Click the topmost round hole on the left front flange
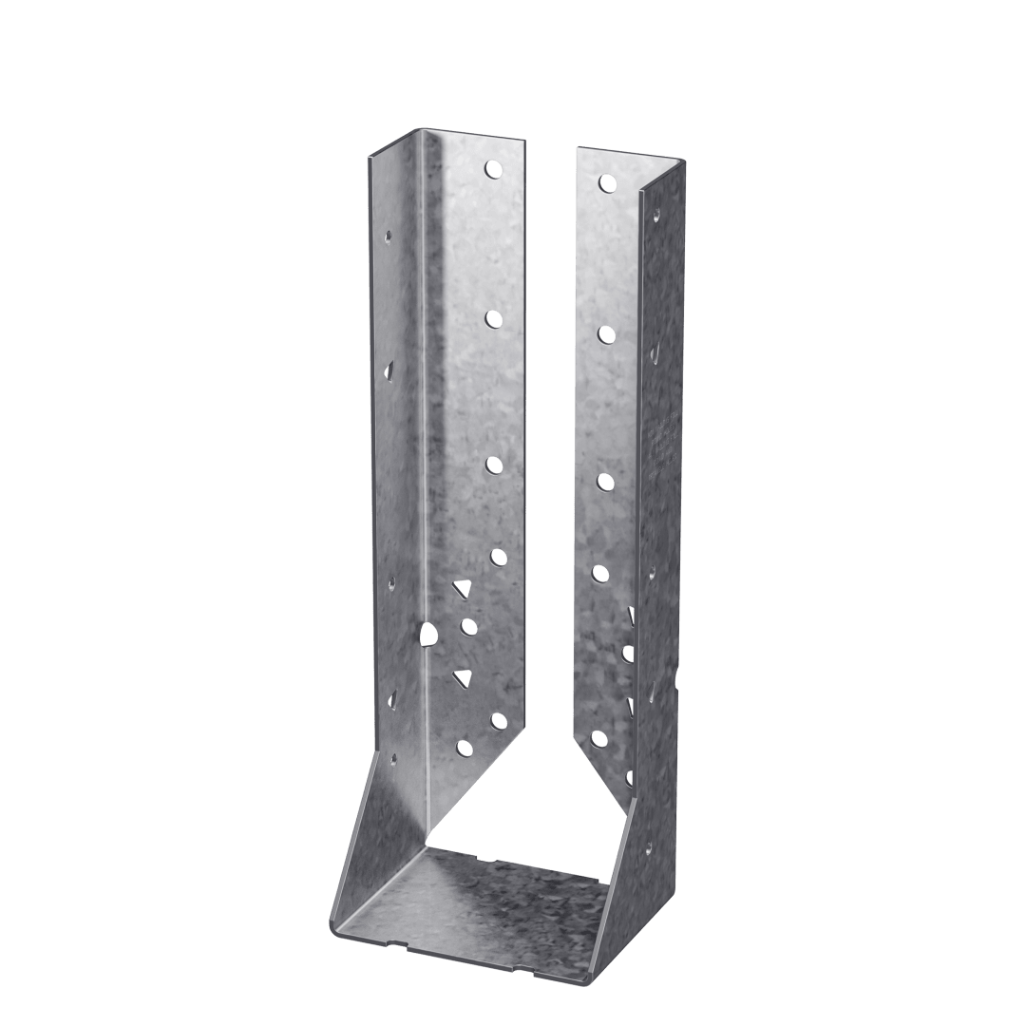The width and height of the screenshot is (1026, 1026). point(492,169)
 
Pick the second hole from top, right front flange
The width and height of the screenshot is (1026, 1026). point(605,332)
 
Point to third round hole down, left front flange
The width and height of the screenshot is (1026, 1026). point(494,464)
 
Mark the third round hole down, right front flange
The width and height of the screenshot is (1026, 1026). point(604,482)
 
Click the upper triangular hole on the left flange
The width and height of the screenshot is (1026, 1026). point(462,590)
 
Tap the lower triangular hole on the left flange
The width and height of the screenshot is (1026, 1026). point(463,677)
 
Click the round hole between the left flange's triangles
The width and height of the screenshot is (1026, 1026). point(467,625)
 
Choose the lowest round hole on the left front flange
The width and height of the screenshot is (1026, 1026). point(465,748)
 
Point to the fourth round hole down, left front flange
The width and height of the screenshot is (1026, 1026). point(496,557)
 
